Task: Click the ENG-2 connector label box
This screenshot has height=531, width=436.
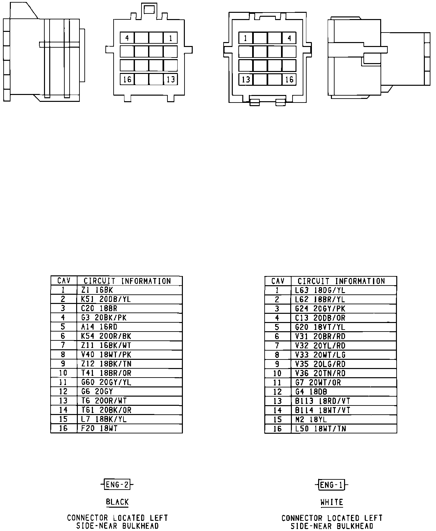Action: pos(117,484)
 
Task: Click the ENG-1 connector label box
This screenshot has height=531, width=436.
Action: pos(332,485)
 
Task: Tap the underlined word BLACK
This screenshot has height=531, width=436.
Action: pos(117,502)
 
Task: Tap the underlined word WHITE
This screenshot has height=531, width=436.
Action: pos(332,502)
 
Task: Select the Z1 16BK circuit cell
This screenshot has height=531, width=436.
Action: pos(129,290)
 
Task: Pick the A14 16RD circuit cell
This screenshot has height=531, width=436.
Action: pos(129,327)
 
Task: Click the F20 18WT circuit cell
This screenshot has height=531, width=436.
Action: pos(129,428)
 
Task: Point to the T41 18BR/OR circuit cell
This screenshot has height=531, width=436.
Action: pos(129,373)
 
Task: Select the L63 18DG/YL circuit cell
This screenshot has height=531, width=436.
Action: pos(343,290)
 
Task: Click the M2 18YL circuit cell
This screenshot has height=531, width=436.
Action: pos(343,420)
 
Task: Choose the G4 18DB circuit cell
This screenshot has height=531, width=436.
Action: pos(343,392)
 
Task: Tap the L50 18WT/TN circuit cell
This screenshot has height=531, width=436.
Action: pos(343,429)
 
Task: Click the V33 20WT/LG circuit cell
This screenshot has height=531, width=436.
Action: pos(343,355)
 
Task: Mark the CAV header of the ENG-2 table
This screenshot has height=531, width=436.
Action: pos(64,281)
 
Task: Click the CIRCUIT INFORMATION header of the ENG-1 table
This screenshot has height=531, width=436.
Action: pos(343,281)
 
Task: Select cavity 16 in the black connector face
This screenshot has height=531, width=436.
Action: pos(127,80)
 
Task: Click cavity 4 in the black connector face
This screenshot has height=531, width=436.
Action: pos(127,38)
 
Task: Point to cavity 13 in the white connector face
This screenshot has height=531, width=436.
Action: pos(246,80)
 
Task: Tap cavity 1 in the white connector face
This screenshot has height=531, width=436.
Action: pos(246,38)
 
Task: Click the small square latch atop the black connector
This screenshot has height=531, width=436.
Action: pos(149,10)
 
